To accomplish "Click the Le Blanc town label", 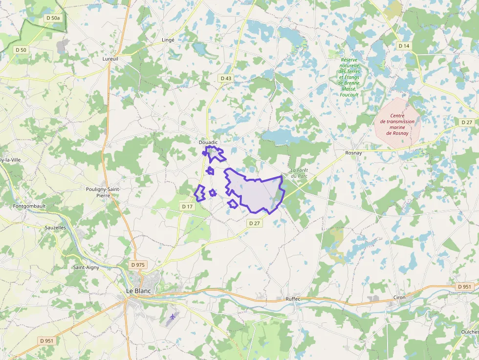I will (x=138, y=291).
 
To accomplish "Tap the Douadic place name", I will (x=208, y=142).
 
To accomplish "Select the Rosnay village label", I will (x=353, y=153).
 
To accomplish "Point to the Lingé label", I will (x=168, y=40).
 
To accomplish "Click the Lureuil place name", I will (x=110, y=59).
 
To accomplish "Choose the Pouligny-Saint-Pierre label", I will (x=103, y=192).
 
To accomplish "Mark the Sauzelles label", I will (x=55, y=228).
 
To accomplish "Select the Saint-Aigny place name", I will (x=87, y=267).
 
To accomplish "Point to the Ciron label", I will (x=399, y=297).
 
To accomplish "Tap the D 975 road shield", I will (x=138, y=265).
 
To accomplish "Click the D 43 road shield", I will (x=226, y=78).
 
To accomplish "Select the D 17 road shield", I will (x=188, y=207).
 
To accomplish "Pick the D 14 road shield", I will (x=404, y=45).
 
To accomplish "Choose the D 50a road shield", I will (x=52, y=18).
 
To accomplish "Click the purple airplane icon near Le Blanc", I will (x=172, y=318).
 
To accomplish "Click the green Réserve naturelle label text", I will (x=349, y=77).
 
